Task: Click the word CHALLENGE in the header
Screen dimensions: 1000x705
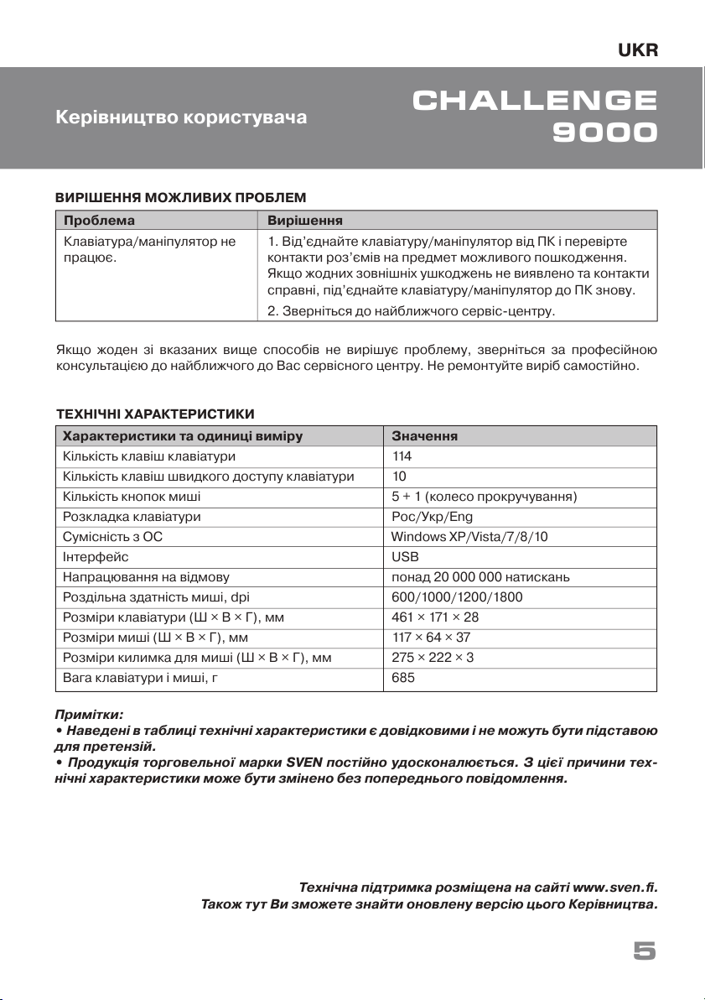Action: point(535,102)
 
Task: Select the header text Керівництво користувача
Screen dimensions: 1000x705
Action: point(181,117)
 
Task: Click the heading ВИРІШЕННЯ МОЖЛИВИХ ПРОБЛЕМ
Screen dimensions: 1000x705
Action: point(179,197)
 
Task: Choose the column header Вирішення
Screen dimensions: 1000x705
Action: point(303,220)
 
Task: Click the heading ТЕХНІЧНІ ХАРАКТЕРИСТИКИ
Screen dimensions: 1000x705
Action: point(154,414)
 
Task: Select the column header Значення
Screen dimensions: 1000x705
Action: point(424,436)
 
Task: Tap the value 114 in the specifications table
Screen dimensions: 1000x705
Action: point(402,456)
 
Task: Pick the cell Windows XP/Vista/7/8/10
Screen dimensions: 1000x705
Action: point(469,537)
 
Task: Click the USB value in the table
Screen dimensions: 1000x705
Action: point(405,557)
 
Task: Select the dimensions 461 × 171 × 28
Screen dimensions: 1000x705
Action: point(435,617)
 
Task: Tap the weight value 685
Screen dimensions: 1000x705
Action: point(403,678)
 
